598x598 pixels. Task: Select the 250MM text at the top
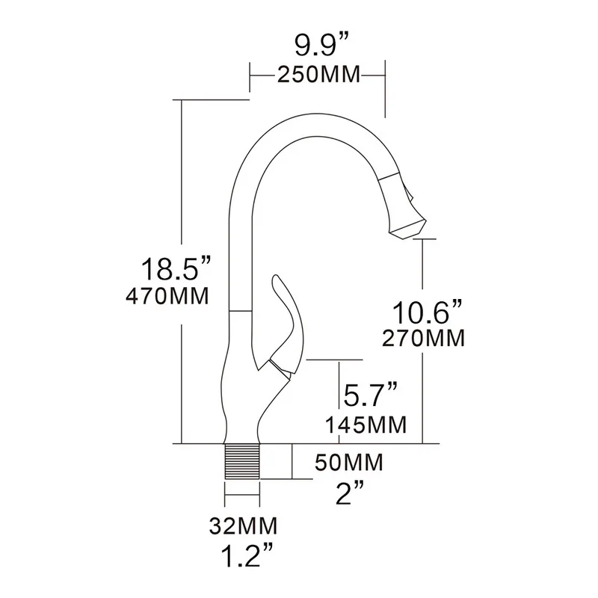pyautogui.click(x=318, y=75)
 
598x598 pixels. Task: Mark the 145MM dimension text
pyautogui.click(x=366, y=425)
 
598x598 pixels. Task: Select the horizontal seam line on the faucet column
pyautogui.click(x=238, y=311)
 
